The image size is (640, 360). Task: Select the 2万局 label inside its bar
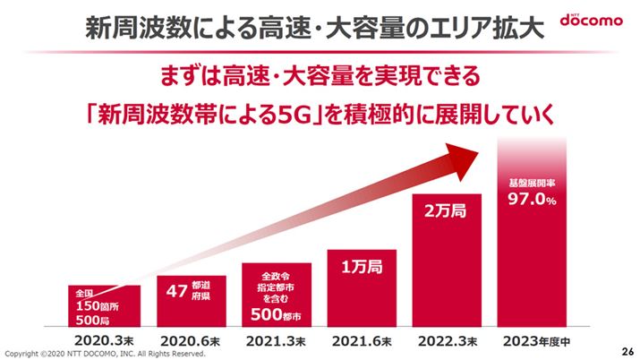(446, 213)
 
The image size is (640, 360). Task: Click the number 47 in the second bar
(176, 289)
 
